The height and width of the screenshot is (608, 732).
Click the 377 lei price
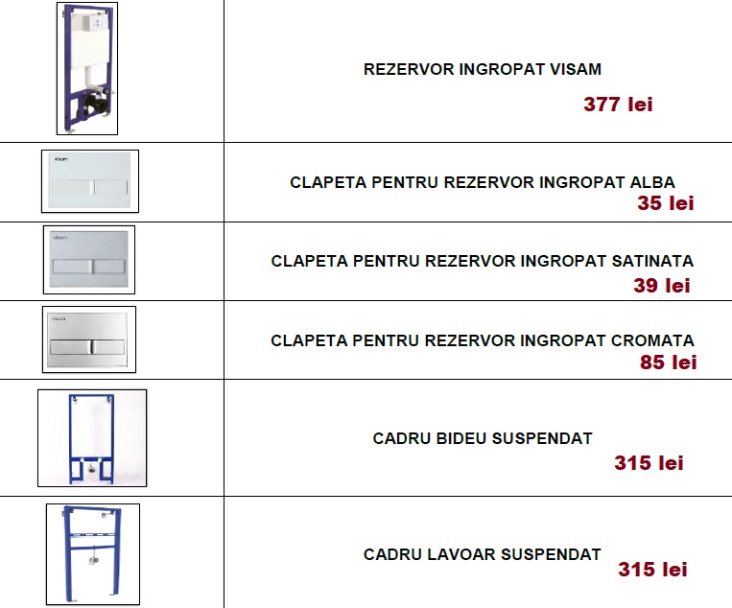point(618,105)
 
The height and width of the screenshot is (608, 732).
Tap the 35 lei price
point(666,203)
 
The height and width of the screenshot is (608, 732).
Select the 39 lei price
point(662,286)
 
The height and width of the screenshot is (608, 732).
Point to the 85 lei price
point(668,362)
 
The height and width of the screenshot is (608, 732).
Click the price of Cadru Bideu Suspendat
point(649,463)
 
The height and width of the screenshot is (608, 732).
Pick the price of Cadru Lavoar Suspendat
point(652,570)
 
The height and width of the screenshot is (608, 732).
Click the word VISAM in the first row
point(576,69)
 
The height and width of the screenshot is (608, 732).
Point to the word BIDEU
point(461,438)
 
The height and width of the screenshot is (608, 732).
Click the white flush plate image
point(90,181)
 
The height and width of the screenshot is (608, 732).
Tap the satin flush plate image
point(89,260)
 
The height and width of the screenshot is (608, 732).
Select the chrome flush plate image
point(89,339)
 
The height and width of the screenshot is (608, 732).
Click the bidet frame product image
point(92,438)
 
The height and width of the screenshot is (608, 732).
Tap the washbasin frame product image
point(93,554)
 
